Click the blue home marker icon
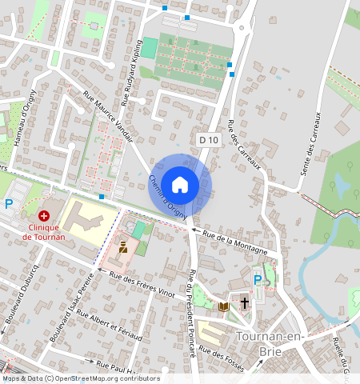point(180,185)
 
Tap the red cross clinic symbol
point(44,216)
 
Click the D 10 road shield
point(210,140)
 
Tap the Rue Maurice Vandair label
point(108,112)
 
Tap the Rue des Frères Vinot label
point(142,284)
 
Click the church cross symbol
point(244,305)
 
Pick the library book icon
point(224,306)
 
